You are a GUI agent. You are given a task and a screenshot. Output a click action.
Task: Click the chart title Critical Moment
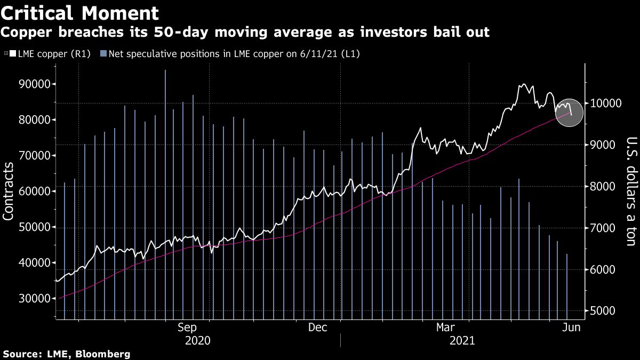[x=79, y=13]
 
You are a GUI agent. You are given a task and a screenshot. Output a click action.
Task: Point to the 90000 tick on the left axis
[x=35, y=84]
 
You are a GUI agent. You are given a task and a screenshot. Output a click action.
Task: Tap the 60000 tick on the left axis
[x=35, y=191]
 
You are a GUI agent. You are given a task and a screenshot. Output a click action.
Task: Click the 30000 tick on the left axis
[x=35, y=299]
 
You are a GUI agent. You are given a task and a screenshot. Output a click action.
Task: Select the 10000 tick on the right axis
[x=606, y=103]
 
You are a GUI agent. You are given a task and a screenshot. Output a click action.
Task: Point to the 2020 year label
[x=197, y=340]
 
